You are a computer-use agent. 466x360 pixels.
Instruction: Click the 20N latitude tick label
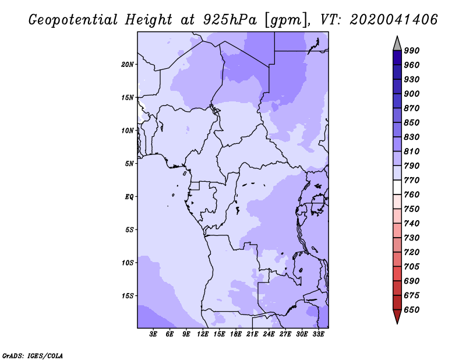click(x=127, y=65)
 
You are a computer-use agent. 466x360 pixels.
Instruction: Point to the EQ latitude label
click(x=129, y=197)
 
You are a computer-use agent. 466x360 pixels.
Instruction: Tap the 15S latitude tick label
click(x=127, y=296)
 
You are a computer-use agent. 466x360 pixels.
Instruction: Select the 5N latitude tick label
click(x=129, y=164)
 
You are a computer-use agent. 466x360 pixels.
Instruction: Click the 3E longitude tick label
click(x=153, y=334)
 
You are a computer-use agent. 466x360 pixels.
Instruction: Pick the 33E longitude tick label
click(x=318, y=334)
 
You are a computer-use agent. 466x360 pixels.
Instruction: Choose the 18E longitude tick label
click(x=236, y=334)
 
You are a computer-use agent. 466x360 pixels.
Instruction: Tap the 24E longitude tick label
click(x=269, y=334)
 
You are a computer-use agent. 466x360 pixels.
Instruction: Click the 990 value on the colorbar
click(x=412, y=51)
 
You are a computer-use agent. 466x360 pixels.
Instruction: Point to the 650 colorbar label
click(x=412, y=310)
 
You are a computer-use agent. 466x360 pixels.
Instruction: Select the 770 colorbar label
click(x=412, y=180)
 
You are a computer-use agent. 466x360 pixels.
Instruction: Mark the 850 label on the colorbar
click(x=412, y=122)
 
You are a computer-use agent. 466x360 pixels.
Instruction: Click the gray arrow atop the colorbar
click(x=397, y=44)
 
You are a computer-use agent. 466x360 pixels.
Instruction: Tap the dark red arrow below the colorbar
click(x=397, y=316)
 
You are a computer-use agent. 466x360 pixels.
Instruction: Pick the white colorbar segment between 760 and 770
click(x=397, y=188)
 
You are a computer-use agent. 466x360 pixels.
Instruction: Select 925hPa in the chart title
click(x=230, y=20)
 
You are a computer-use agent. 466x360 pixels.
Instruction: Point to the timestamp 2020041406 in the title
click(x=394, y=20)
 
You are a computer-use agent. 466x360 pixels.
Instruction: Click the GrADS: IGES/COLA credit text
click(x=33, y=356)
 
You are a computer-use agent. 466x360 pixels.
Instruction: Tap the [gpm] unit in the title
click(x=286, y=20)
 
